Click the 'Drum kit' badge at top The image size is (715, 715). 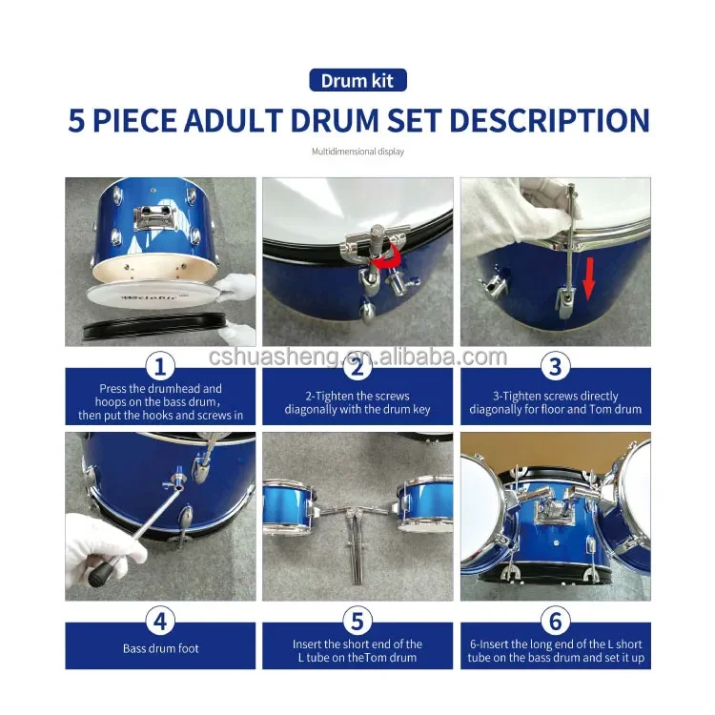357,80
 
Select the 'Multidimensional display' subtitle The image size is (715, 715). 357,151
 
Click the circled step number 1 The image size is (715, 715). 160,365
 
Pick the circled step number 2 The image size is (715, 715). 357,365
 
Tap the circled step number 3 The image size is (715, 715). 555,365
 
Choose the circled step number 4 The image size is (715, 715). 160,621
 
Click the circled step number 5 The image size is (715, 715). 357,621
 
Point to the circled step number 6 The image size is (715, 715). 555,621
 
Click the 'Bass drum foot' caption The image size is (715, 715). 160,649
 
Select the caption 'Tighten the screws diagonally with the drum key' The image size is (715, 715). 357,402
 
